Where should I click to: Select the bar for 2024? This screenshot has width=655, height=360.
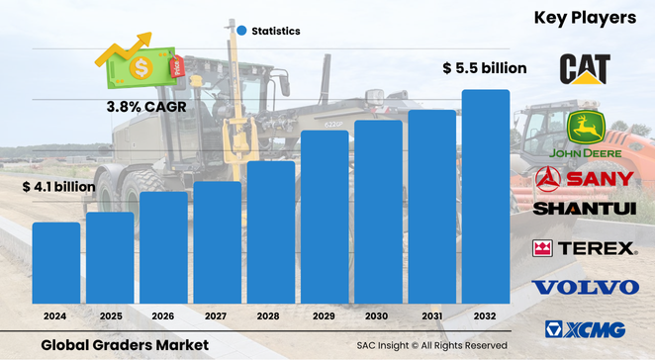pos(56,263)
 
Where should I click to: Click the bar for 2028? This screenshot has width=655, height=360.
pos(270,232)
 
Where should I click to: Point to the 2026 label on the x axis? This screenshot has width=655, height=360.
pos(163,315)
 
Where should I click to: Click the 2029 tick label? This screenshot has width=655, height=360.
pos(324,315)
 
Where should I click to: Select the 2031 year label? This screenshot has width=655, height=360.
pos(431,315)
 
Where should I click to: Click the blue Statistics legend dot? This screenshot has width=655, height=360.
pos(240,31)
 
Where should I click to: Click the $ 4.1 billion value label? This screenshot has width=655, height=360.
pos(58,186)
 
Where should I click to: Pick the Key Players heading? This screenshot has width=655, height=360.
pos(586,18)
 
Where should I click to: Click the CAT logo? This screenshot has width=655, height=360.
pos(585,69)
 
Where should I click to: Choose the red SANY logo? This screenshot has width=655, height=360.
pos(585,179)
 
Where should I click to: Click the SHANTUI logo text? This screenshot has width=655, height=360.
pos(585,209)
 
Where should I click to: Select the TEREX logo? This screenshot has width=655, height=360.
pos(585,248)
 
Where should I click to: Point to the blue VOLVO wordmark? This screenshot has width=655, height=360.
pos(585,288)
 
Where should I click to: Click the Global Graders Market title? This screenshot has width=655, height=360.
pos(125,344)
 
